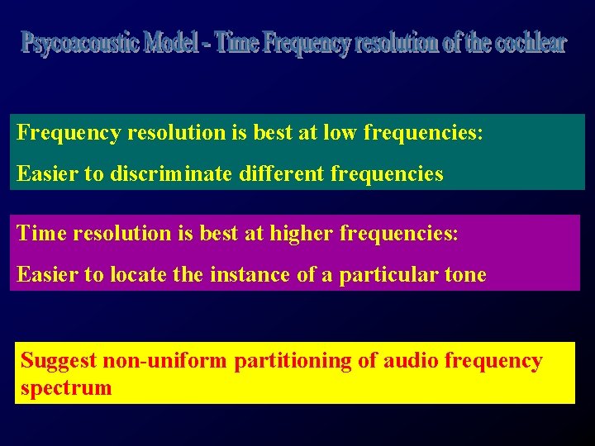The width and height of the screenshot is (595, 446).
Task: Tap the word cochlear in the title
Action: pyautogui.click(x=531, y=43)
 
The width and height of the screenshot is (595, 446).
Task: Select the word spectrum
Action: pyautogui.click(x=66, y=388)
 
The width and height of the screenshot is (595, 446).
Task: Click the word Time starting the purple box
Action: pyautogui.click(x=41, y=234)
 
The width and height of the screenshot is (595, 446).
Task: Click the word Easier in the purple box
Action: pyautogui.click(x=47, y=275)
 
